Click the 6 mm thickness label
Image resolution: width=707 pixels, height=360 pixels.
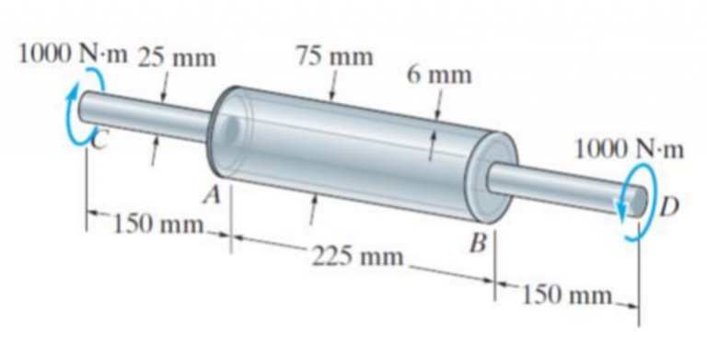tap(439, 75)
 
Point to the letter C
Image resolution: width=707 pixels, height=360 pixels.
tap(102, 137)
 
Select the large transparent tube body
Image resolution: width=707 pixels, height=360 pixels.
tap(350, 147)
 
